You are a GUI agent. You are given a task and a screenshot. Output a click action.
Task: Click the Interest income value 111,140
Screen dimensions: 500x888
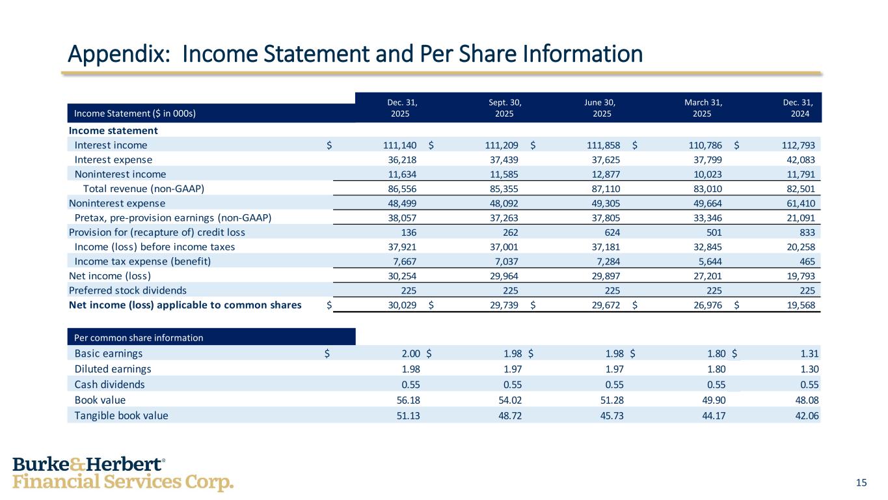tap(400, 145)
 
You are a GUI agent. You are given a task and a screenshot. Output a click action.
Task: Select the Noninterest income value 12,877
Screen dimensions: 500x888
tap(601, 174)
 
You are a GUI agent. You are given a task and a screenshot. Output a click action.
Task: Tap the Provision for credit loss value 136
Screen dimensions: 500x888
tap(409, 232)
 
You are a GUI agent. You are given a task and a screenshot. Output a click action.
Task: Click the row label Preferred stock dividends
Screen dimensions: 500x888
tap(128, 290)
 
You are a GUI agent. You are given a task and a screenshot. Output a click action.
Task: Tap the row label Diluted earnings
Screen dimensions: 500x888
tap(113, 368)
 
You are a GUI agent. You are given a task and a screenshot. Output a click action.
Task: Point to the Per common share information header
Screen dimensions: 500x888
tap(139, 337)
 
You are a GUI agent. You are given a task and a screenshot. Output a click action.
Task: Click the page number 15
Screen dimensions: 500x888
tap(861, 482)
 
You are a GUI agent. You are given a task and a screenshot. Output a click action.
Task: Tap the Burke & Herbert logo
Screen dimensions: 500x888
tap(123, 473)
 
